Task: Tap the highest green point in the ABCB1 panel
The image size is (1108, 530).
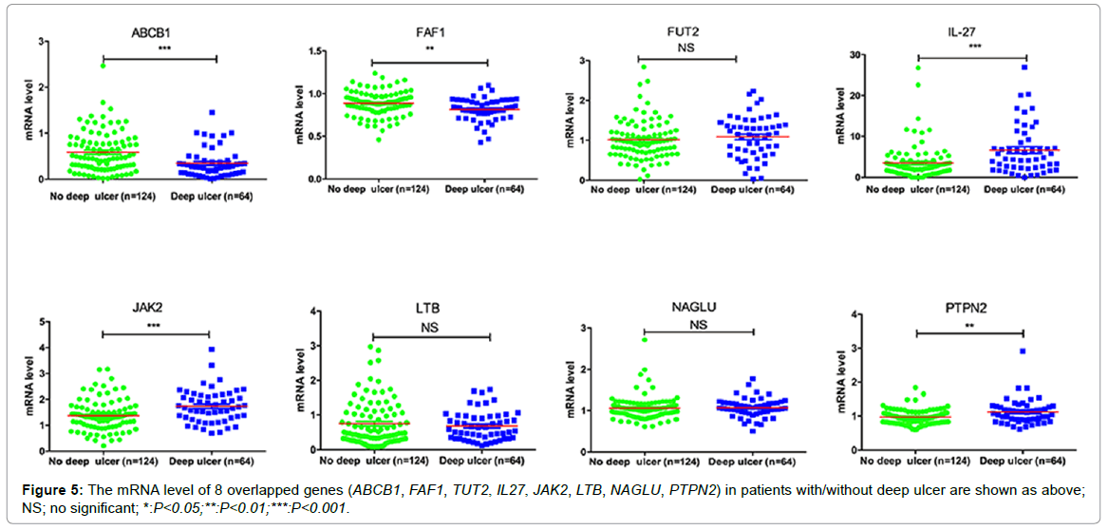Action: [x=103, y=66]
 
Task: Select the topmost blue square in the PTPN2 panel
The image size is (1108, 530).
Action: [x=1023, y=351]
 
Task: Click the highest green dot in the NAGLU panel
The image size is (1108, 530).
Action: [x=645, y=339]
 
